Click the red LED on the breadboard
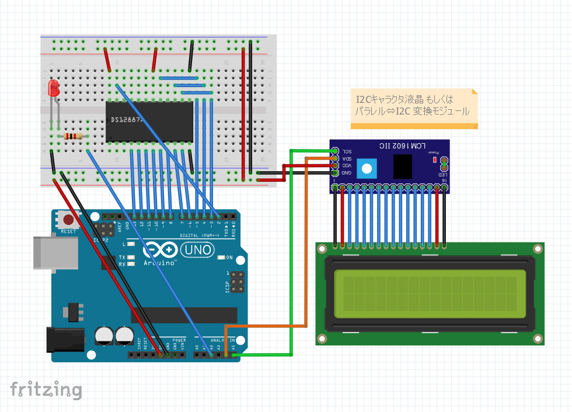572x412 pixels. (x=54, y=89)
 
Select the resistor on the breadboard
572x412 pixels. (x=73, y=136)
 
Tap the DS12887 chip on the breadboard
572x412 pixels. (x=149, y=122)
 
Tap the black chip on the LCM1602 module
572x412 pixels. (x=403, y=166)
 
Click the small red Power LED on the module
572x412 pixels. (x=435, y=160)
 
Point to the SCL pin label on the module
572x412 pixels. (x=347, y=151)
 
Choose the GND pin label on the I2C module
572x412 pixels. (x=347, y=173)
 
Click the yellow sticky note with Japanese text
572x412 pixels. (x=413, y=108)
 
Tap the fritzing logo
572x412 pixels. (x=46, y=389)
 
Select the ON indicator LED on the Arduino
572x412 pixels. (x=220, y=258)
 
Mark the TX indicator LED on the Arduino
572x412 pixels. (x=131, y=257)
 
